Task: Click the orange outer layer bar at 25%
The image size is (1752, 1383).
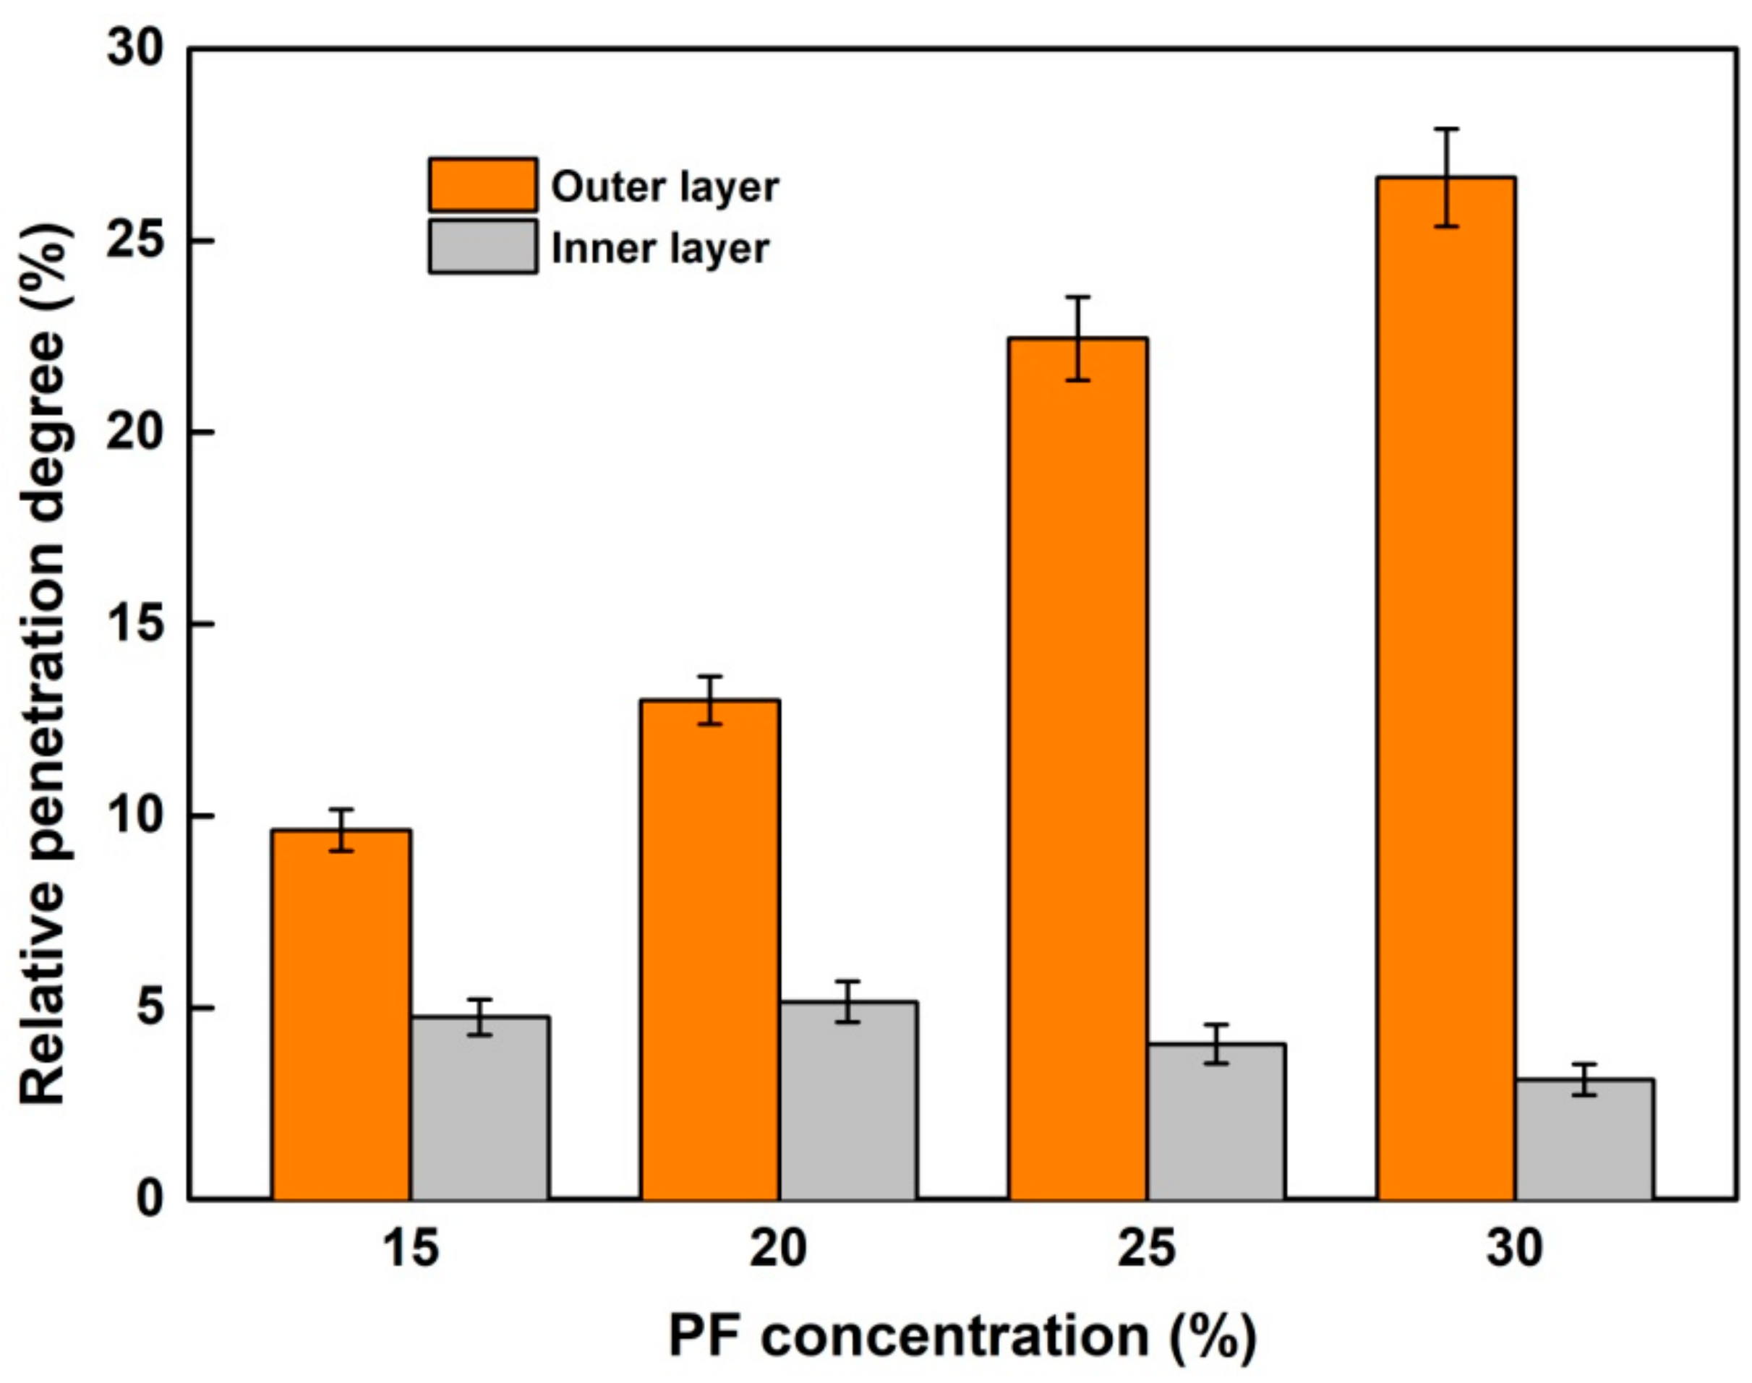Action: (x=1078, y=768)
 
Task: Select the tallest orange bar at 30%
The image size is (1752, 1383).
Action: (x=1446, y=688)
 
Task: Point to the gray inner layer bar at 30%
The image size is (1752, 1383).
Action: (x=1584, y=1138)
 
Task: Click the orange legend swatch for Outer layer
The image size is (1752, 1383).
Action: (x=483, y=185)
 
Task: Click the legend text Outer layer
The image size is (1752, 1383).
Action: (x=665, y=187)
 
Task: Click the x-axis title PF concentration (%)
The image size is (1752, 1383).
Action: (x=962, y=1337)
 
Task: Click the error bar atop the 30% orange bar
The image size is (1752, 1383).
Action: (x=1446, y=177)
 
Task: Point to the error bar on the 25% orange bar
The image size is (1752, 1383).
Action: (x=1078, y=338)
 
